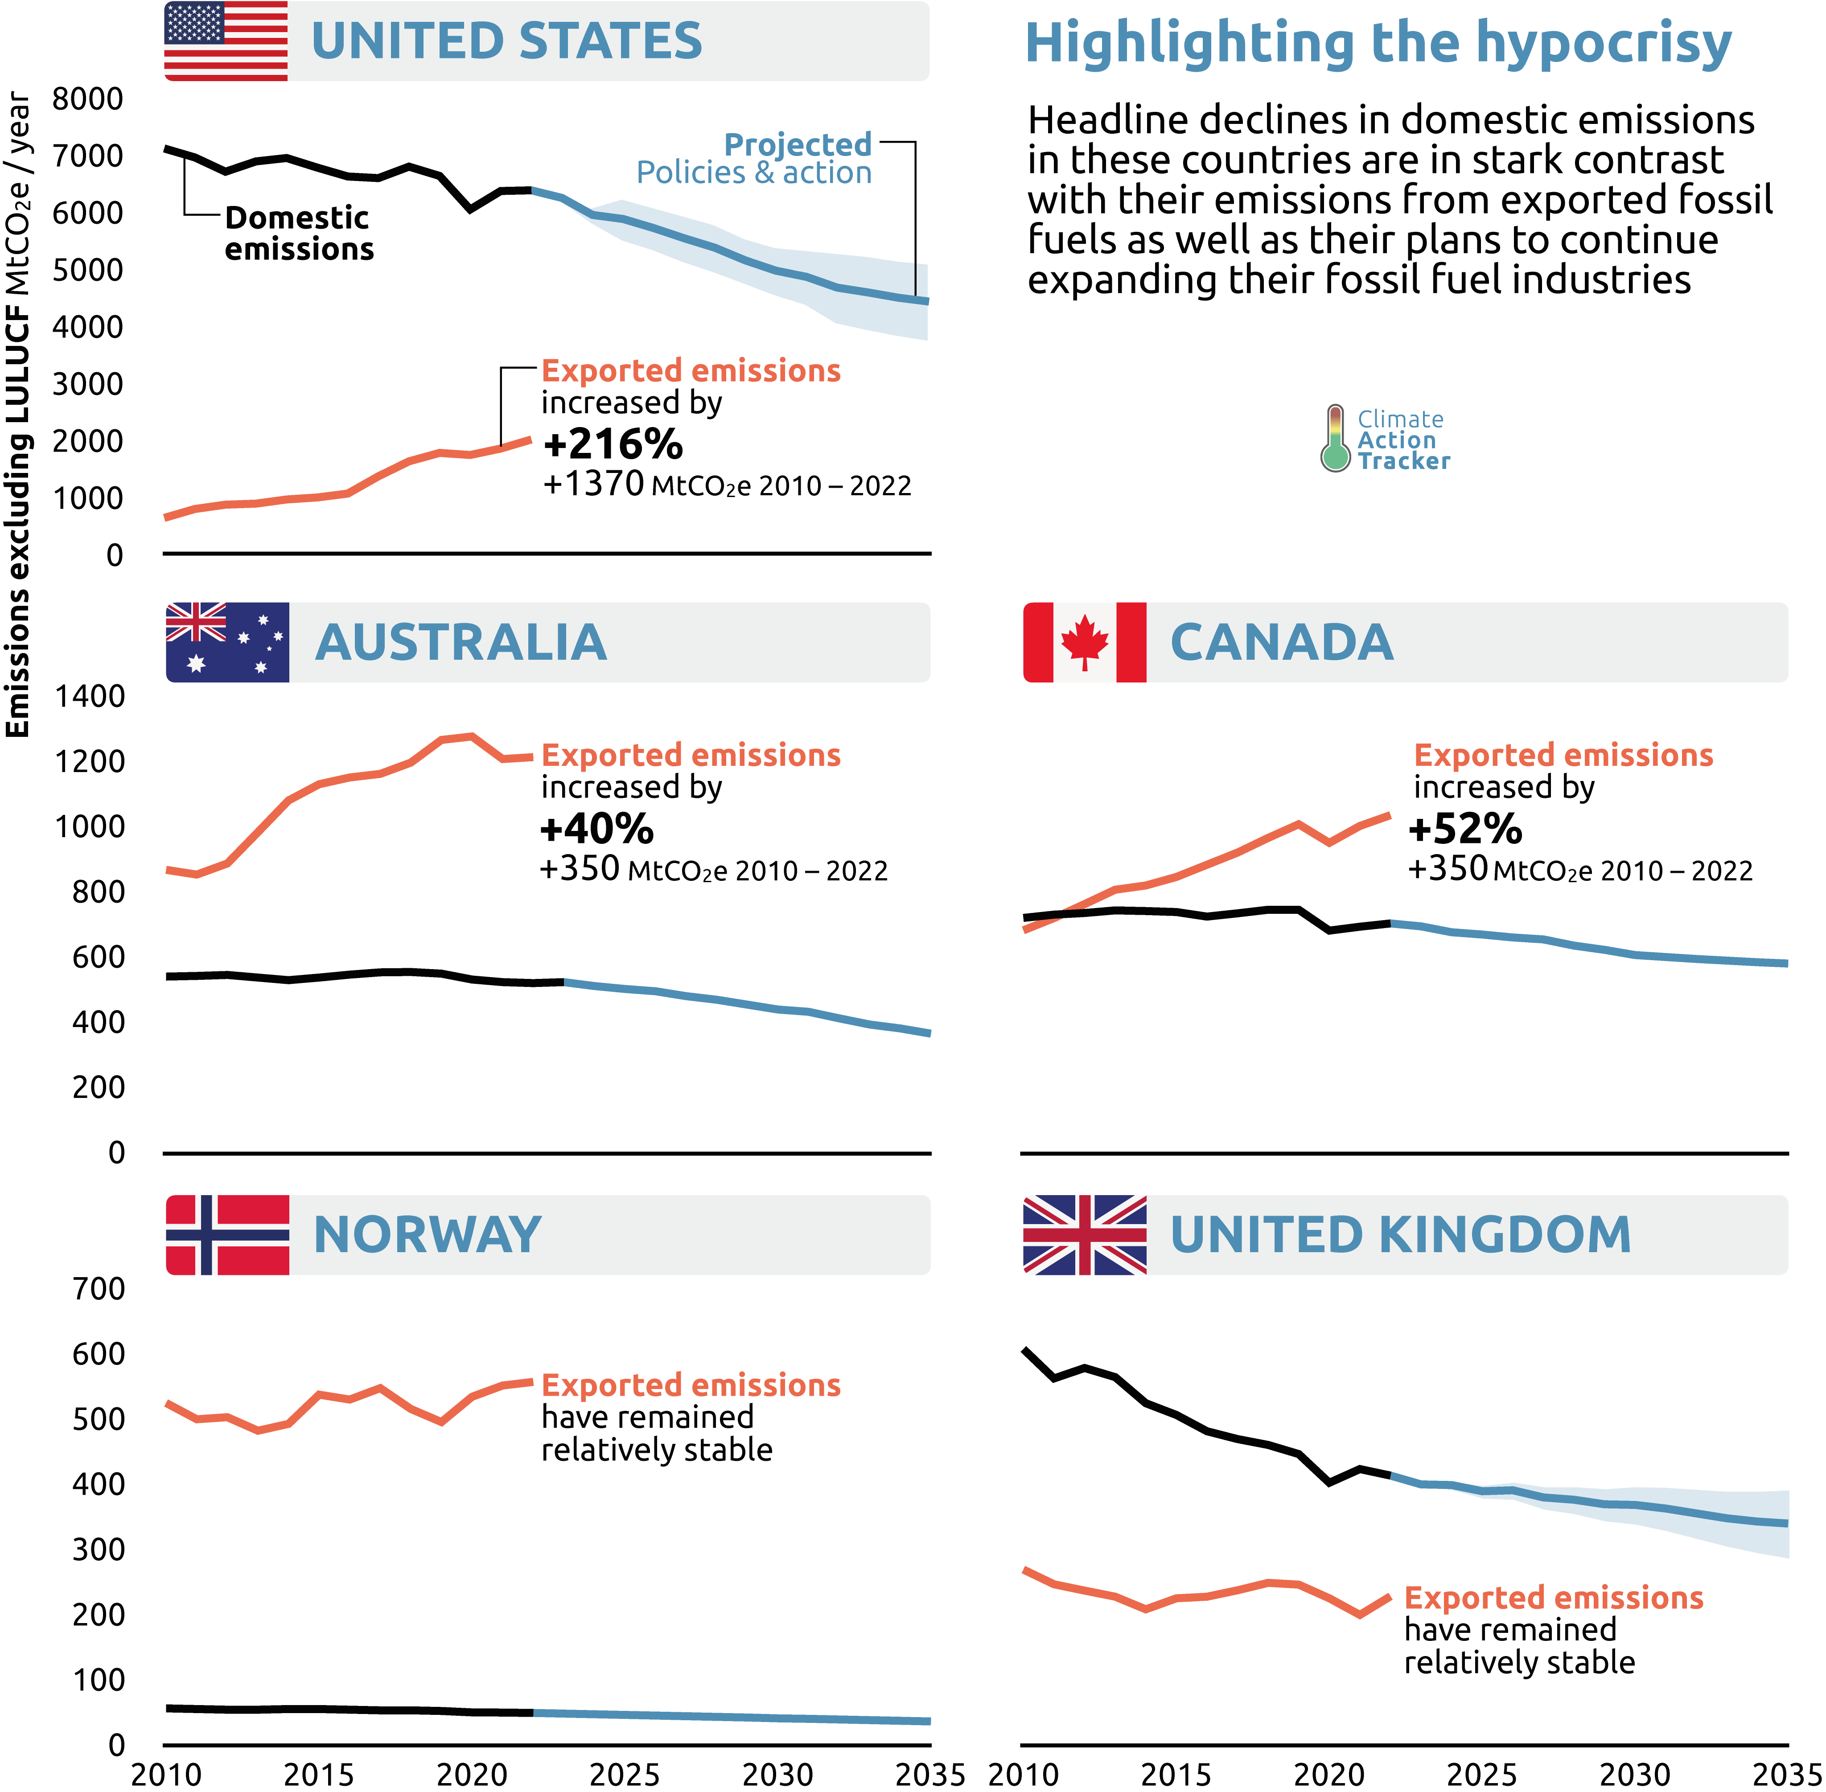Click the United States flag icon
point(226,41)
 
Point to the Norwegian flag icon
point(227,1235)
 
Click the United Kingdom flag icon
point(1084,1235)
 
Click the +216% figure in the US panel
point(613,444)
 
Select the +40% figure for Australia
point(597,829)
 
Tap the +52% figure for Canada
point(1464,829)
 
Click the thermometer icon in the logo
point(1335,439)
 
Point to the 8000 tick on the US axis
point(87,99)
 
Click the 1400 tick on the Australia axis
point(90,696)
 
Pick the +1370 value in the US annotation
point(594,484)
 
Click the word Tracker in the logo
point(1403,461)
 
